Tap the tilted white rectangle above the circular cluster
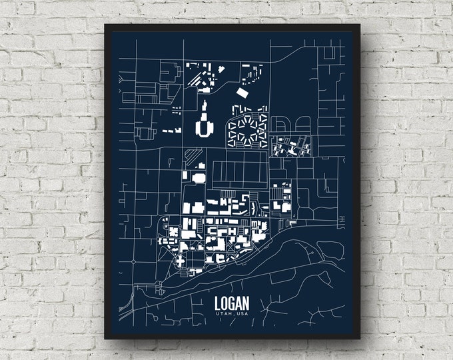click(242, 93)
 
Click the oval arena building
click(199, 177)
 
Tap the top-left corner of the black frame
click(105, 25)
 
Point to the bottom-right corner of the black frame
click(360, 339)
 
